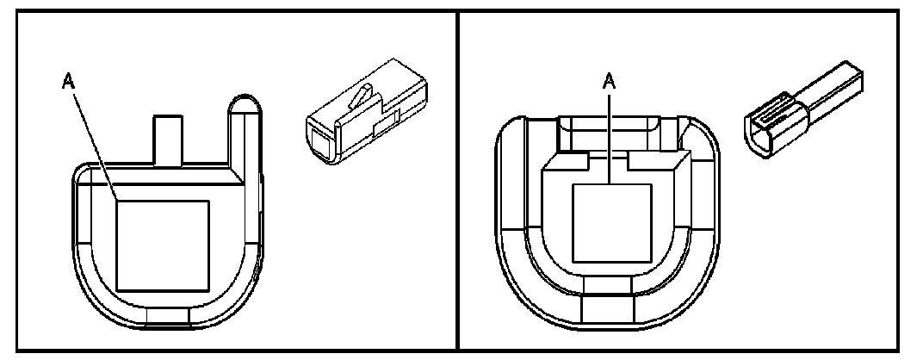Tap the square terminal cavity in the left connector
[x=163, y=244]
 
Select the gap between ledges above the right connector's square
[x=610, y=160]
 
